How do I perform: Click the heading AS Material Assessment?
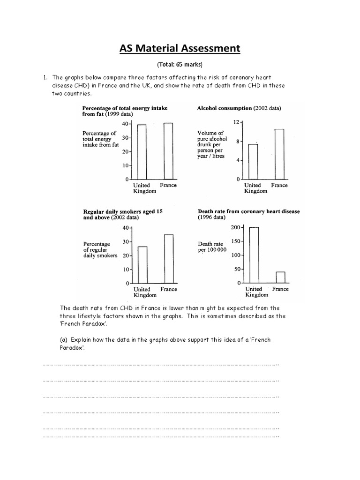click(180, 49)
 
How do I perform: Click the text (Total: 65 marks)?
click(180, 65)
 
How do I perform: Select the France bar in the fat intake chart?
click(168, 151)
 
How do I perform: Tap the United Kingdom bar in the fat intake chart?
click(142, 152)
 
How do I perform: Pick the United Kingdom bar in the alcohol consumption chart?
click(253, 162)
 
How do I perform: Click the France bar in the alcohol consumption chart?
click(279, 154)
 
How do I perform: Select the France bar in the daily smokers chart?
click(168, 259)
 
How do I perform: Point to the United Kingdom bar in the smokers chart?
click(142, 265)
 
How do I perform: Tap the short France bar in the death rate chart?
click(280, 277)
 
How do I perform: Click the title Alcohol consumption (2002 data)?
click(239, 108)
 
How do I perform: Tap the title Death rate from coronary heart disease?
click(248, 211)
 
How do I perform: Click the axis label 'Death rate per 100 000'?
click(212, 247)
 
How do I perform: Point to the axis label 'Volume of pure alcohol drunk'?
click(212, 144)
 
